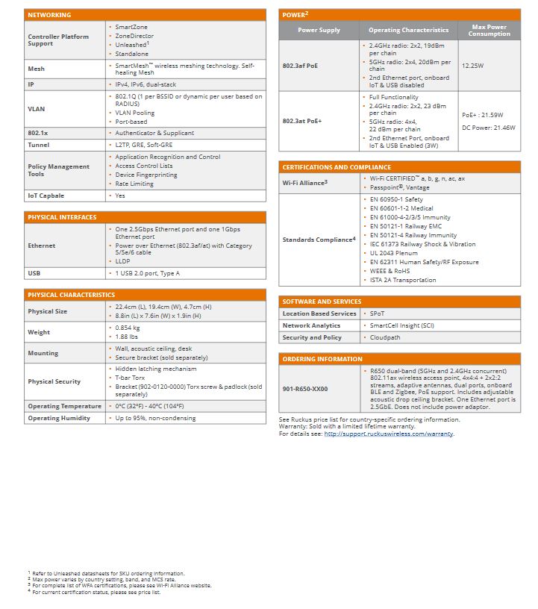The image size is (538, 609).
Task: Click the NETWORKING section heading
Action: coord(49,15)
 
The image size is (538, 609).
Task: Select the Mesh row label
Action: coord(36,69)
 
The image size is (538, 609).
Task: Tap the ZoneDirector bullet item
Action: coord(134,36)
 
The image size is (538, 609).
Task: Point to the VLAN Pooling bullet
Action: coord(136,113)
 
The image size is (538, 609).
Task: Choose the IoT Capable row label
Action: coord(46,196)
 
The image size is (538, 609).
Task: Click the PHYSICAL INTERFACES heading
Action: coord(62,217)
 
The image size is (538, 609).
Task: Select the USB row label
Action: coord(34,273)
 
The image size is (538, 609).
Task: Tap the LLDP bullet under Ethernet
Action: coord(123,260)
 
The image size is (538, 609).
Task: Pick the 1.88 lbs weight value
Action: coord(127,337)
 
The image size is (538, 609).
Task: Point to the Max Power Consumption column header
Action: coord(489,30)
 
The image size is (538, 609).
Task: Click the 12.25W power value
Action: coord(473,66)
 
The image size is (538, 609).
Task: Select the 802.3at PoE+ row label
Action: coord(301,120)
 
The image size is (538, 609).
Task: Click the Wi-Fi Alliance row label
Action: coord(305,183)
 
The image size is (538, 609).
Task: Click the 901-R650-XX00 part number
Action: coord(305,388)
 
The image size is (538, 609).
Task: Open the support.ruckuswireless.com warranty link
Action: coord(388,434)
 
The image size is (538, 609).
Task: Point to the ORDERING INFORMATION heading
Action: coord(322,359)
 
